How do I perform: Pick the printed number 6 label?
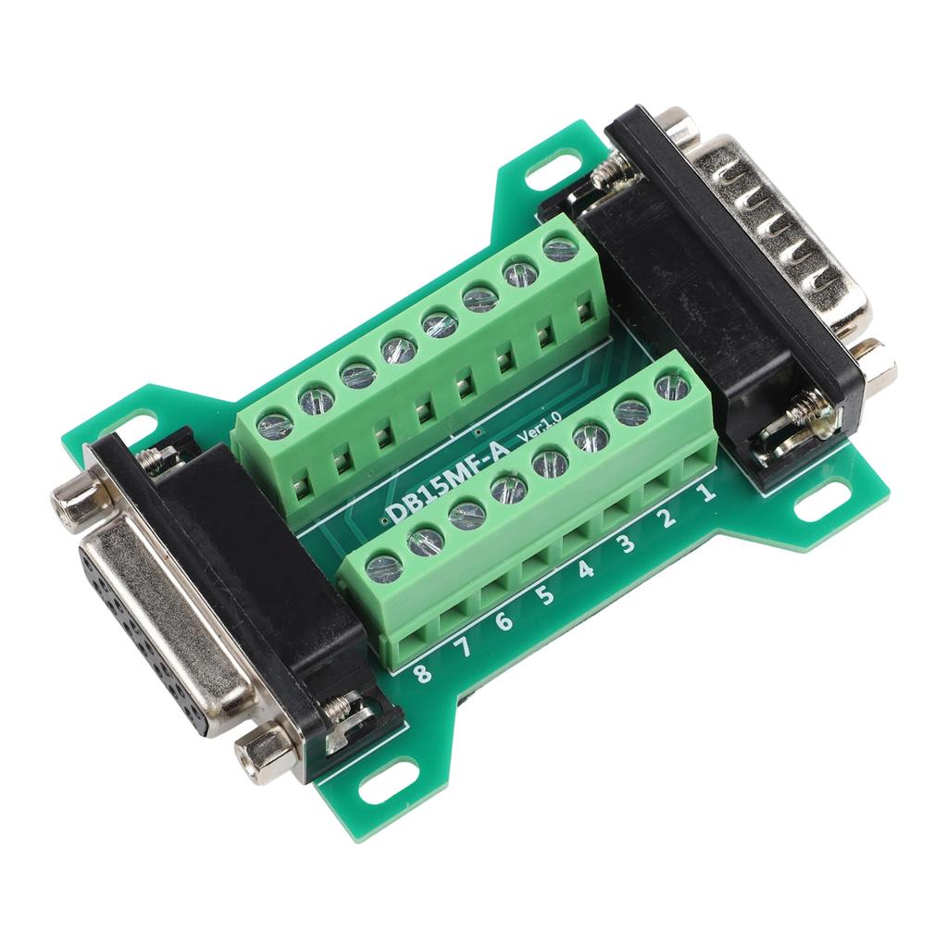pyautogui.click(x=503, y=621)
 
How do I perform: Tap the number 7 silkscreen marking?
pyautogui.click(x=463, y=647)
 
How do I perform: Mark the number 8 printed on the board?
pyautogui.click(x=422, y=673)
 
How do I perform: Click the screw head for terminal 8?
pyautogui.click(x=384, y=567)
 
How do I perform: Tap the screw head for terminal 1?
pyautogui.click(x=671, y=385)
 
